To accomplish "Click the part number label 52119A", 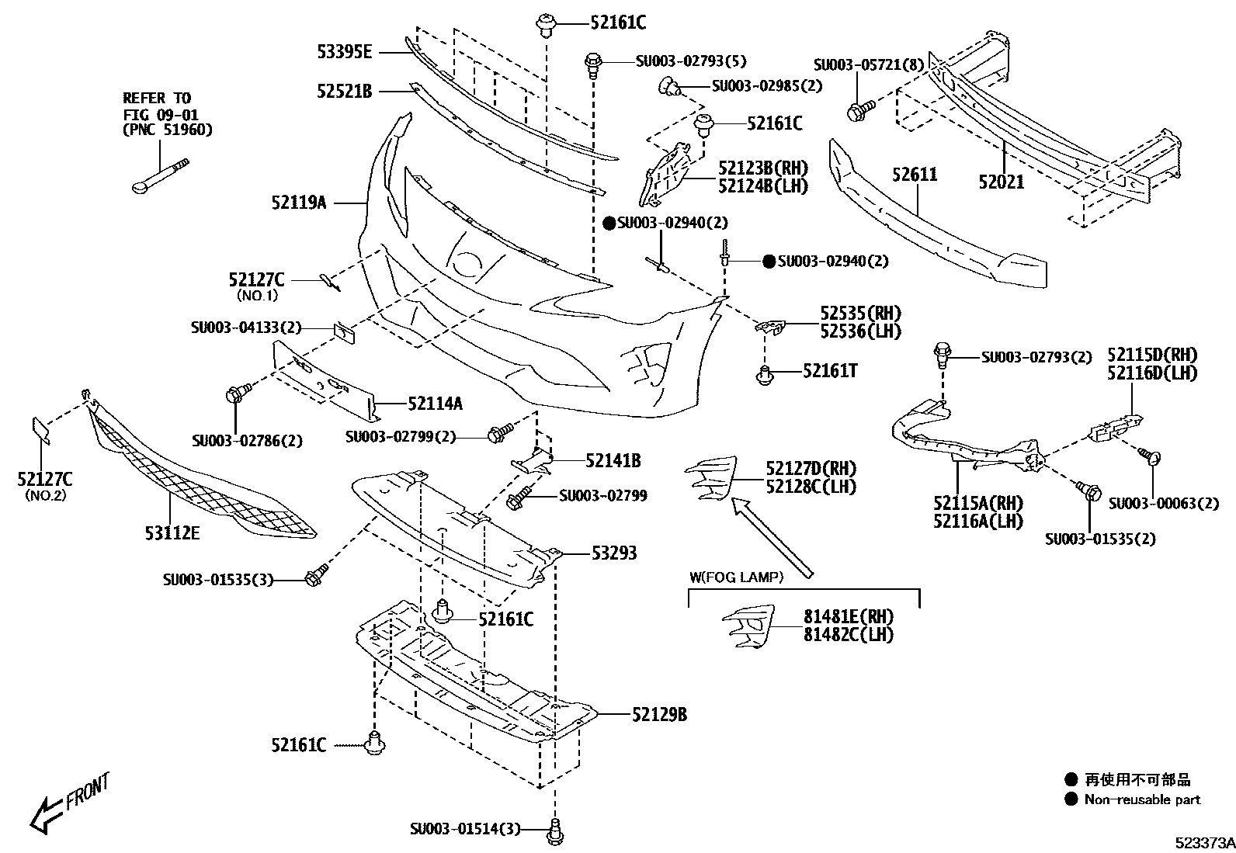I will point(299,203).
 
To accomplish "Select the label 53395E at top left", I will point(344,52).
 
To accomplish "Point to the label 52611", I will point(915,175).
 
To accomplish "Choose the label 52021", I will point(1001,182).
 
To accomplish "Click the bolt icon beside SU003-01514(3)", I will point(554,830).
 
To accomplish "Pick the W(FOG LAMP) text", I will point(736,577).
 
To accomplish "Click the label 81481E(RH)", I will point(848,616).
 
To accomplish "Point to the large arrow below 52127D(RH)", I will point(772,537).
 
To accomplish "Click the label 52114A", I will point(435,403).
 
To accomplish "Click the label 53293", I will point(613,553).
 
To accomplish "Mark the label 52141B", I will point(613,461).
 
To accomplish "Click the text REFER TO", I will point(156,98).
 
